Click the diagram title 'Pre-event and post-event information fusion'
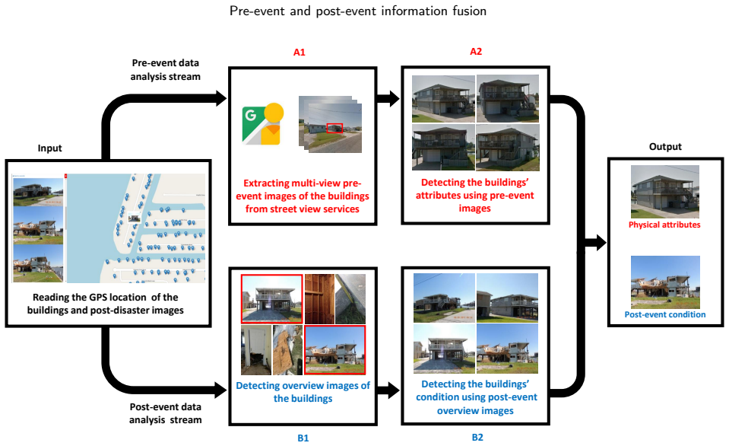click(358, 11)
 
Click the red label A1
click(300, 53)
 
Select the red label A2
click(476, 51)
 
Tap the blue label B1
click(303, 438)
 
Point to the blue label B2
click(477, 437)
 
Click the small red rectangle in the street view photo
click(334, 128)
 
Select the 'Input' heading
click(49, 148)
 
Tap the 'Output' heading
click(665, 147)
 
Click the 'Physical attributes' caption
click(664, 225)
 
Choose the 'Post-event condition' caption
click(665, 314)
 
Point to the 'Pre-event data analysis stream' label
click(166, 69)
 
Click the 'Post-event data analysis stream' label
click(166, 413)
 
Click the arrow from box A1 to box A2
click(388, 99)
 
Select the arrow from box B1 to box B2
click(388, 390)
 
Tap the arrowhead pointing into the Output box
click(600, 243)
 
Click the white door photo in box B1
click(256, 350)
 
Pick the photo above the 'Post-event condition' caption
click(665, 282)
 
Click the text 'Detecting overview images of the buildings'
click(303, 392)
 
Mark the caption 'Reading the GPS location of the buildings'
click(106, 304)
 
